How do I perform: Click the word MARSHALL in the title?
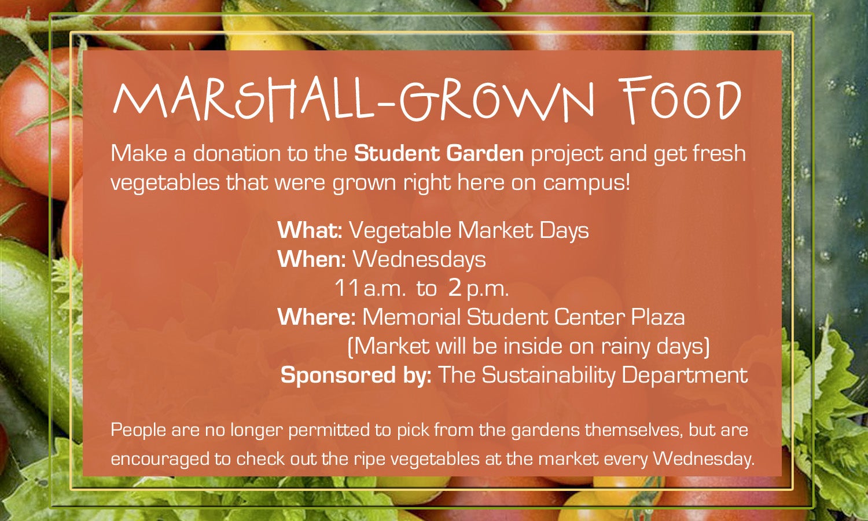tap(243, 101)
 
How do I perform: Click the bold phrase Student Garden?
tap(439, 153)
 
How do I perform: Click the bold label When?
tap(311, 259)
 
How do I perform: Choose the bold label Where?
tap(317, 317)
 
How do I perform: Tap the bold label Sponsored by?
tap(356, 376)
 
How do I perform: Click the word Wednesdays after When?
tap(419, 259)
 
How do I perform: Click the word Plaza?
tap(658, 317)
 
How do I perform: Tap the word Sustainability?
tap(549, 376)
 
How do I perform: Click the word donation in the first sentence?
tap(237, 153)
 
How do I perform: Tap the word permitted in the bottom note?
tap(329, 430)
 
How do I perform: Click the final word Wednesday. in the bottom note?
tap(704, 459)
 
